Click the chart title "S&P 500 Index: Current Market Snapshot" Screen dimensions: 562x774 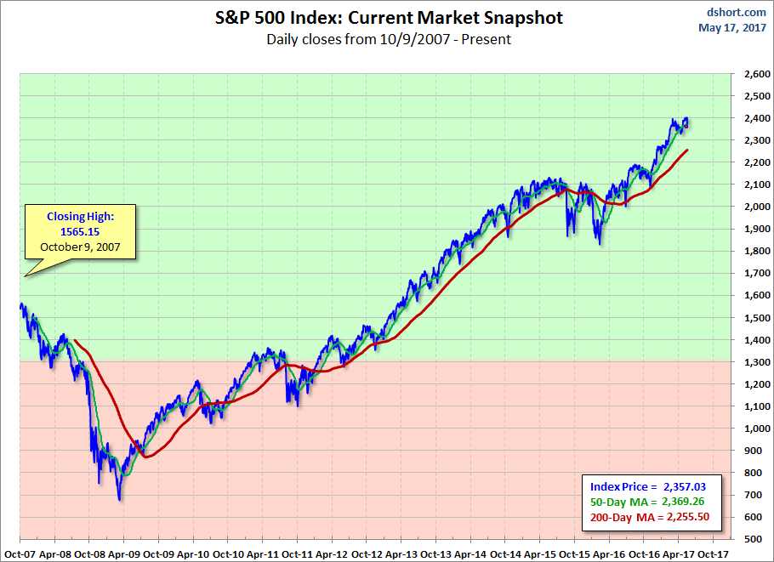coord(389,18)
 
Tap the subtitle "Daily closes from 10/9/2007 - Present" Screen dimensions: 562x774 coord(389,39)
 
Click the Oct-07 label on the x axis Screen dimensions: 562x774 coord(19,553)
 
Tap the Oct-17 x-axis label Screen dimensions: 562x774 coord(712,553)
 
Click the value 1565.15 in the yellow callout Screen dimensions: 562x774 coord(80,232)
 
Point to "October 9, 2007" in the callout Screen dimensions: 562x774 coord(80,247)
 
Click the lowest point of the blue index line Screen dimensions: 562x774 coord(119,500)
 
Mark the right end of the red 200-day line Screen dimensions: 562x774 coord(687,150)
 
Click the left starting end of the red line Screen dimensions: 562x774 coord(76,341)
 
